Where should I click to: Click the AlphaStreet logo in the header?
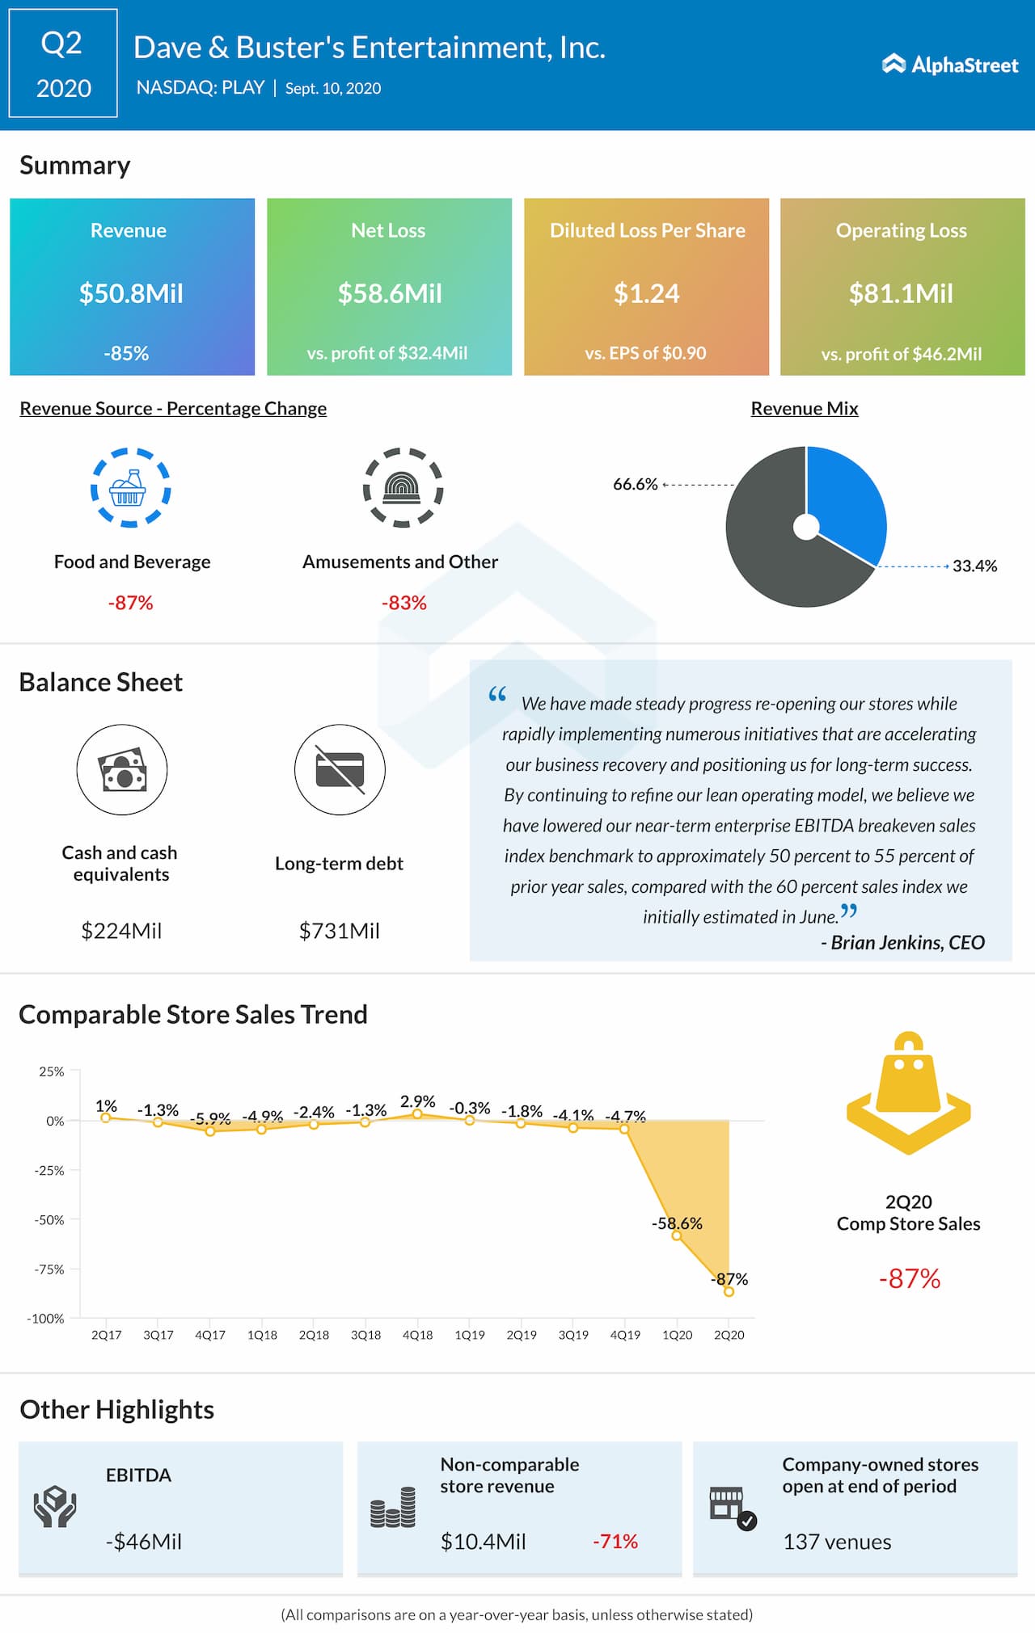[x=950, y=65]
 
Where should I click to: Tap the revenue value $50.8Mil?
[x=131, y=293]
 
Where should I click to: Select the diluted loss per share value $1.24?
[x=646, y=293]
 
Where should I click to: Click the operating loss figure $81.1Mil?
[x=901, y=293]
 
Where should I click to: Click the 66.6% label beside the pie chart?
[x=635, y=484]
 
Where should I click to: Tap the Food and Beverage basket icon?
[x=129, y=487]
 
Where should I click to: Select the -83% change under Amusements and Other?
[x=403, y=603]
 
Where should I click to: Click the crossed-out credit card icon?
[x=340, y=769]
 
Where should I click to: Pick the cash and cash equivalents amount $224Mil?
[x=121, y=931]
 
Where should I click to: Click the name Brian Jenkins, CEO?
[x=903, y=942]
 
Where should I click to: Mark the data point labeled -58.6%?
[x=677, y=1235]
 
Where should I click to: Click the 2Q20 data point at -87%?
[x=729, y=1291]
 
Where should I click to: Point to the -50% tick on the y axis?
[x=49, y=1220]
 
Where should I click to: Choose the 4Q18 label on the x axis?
[x=417, y=1335]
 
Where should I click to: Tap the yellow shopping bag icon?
[x=908, y=1091]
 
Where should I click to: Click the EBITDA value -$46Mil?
[x=143, y=1542]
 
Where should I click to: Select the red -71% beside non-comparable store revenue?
[x=615, y=1542]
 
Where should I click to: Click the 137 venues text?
[x=837, y=1542]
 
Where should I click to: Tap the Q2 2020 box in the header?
[x=63, y=64]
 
